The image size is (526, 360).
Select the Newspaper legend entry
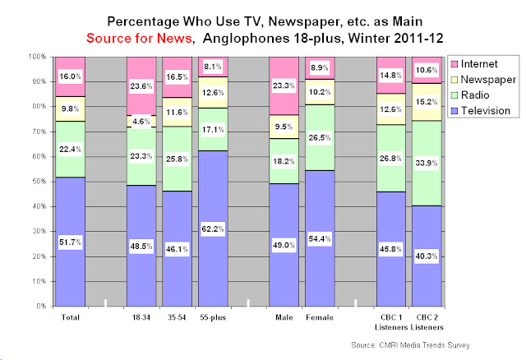click(490, 80)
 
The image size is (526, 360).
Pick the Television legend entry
click(489, 110)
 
